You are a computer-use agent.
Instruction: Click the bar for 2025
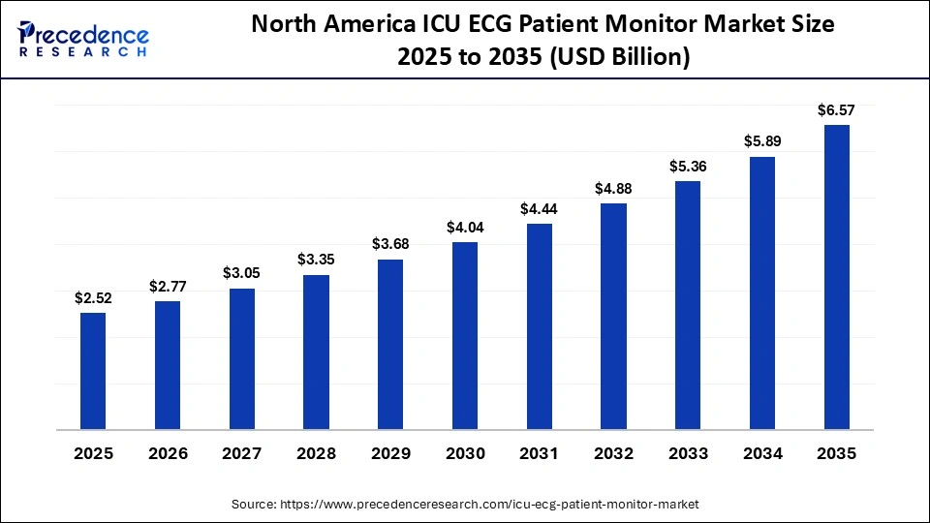tap(93, 371)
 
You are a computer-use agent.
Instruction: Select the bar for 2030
tap(465, 335)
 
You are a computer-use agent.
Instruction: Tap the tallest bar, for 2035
tap(836, 277)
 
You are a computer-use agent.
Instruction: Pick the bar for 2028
tap(316, 352)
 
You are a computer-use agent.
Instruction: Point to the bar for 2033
tap(688, 305)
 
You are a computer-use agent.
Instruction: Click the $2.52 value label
tap(93, 298)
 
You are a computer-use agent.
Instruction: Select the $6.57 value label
tap(836, 110)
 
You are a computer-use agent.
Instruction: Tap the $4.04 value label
tap(465, 228)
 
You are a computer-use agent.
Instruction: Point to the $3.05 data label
tap(242, 274)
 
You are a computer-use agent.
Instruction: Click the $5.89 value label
tap(762, 141)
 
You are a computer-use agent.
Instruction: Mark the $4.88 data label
tap(613, 188)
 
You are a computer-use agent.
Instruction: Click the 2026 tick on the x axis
tap(168, 453)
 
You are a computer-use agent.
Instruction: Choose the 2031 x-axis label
tap(540, 453)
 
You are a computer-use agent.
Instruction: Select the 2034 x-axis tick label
tap(762, 453)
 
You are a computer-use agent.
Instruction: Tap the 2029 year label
tap(390, 453)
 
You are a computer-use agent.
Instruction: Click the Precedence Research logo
tap(83, 39)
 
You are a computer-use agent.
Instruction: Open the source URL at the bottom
tap(465, 505)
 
